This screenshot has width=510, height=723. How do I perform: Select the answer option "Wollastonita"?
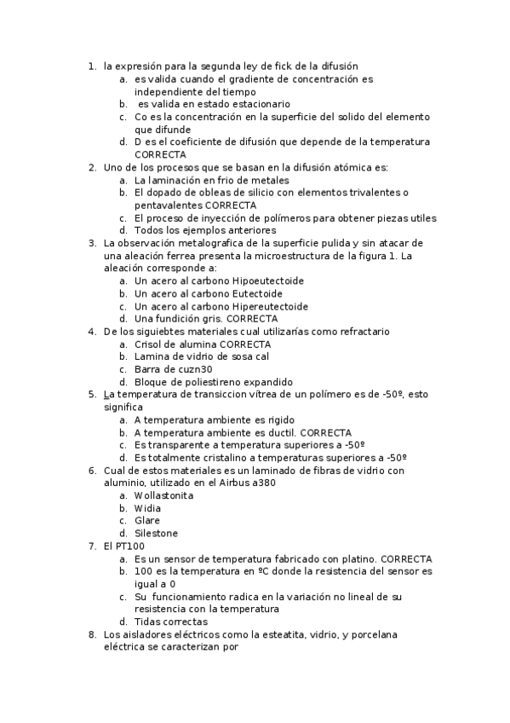point(164,495)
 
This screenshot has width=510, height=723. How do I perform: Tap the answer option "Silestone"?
point(157,534)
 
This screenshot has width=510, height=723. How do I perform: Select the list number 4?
point(92,332)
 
